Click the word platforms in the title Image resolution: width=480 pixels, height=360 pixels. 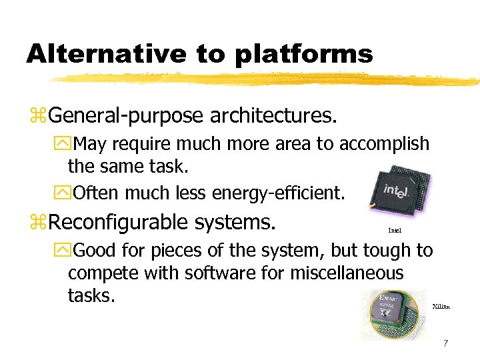[x=303, y=53]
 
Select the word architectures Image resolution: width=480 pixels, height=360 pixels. [x=273, y=116]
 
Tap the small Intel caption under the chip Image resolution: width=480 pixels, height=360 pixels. [x=395, y=231]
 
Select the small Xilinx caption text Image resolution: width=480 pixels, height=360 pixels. [x=441, y=306]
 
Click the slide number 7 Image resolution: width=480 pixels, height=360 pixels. [x=445, y=343]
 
